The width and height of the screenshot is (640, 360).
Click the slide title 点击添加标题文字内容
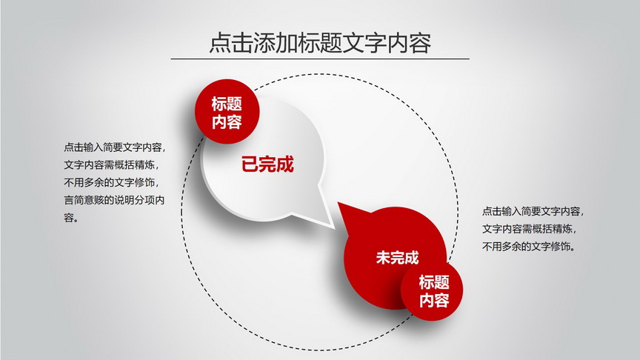click(320, 42)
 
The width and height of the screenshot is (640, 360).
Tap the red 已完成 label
click(267, 164)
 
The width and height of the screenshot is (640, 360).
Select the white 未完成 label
click(397, 258)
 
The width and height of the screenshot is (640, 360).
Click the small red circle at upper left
click(227, 111)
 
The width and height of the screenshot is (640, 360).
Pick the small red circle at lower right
click(432, 290)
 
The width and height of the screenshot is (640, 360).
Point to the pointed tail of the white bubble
click(334, 227)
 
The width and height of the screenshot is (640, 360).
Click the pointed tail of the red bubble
click(339, 203)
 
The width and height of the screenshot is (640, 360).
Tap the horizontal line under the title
click(320, 59)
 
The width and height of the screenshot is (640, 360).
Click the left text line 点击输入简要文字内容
click(115, 147)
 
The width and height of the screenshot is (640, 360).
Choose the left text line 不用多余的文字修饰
click(111, 182)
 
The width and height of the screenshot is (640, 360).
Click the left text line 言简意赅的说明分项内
click(114, 200)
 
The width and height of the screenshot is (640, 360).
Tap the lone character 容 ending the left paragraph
click(69, 218)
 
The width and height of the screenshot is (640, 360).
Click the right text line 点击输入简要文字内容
click(533, 211)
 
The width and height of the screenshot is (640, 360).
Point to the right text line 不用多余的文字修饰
click(529, 247)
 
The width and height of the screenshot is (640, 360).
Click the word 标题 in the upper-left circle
click(227, 104)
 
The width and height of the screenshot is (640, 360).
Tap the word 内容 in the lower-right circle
click(434, 300)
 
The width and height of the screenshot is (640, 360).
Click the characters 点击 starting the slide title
click(231, 43)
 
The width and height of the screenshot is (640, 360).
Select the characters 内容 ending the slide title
click(410, 43)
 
